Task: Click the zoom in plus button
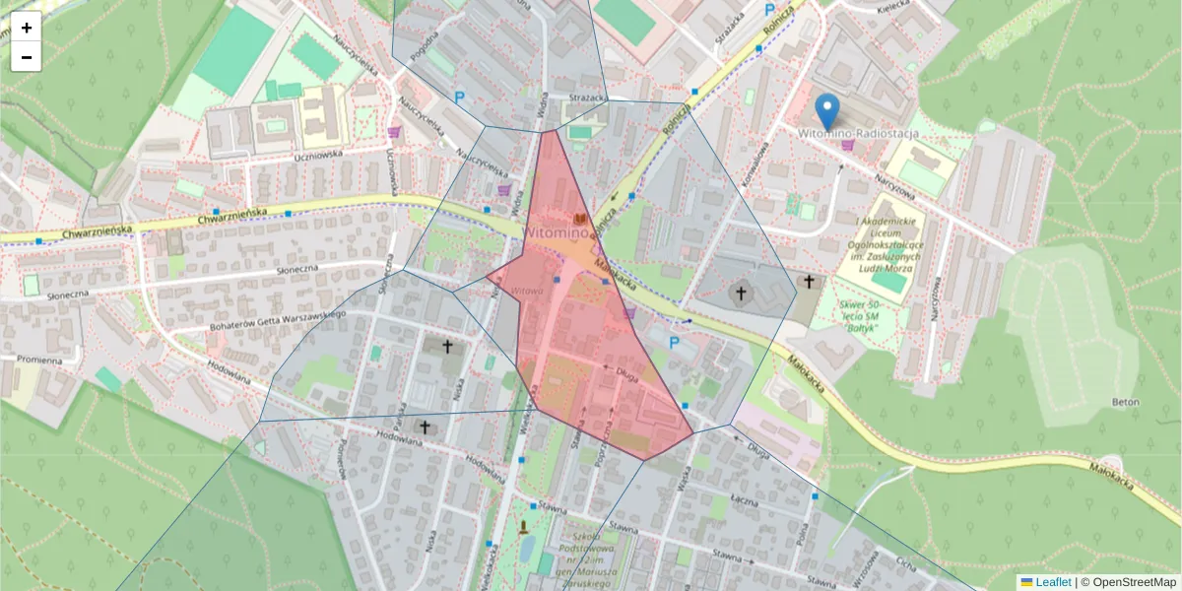[x=27, y=28]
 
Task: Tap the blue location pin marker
[x=828, y=111]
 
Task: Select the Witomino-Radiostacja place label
[x=857, y=132]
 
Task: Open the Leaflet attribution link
[x=1053, y=582]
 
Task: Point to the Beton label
[x=1126, y=402]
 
